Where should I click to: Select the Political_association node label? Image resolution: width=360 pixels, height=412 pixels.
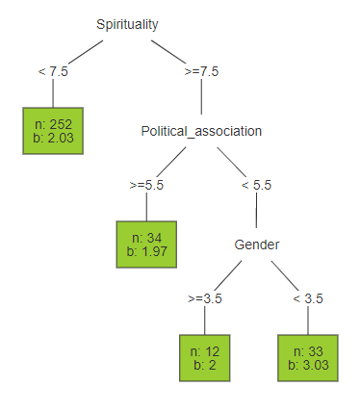click(200, 131)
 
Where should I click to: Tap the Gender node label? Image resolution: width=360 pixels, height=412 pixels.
click(256, 245)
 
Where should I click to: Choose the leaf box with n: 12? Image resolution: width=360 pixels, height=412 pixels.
click(205, 356)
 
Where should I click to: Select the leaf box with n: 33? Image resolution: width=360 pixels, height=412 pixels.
click(308, 357)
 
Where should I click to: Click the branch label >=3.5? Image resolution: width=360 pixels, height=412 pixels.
click(205, 297)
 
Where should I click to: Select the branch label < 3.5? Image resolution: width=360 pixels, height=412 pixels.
click(308, 297)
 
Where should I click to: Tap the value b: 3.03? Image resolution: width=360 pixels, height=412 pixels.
click(308, 365)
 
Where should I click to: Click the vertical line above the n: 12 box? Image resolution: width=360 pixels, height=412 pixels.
click(205, 321)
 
